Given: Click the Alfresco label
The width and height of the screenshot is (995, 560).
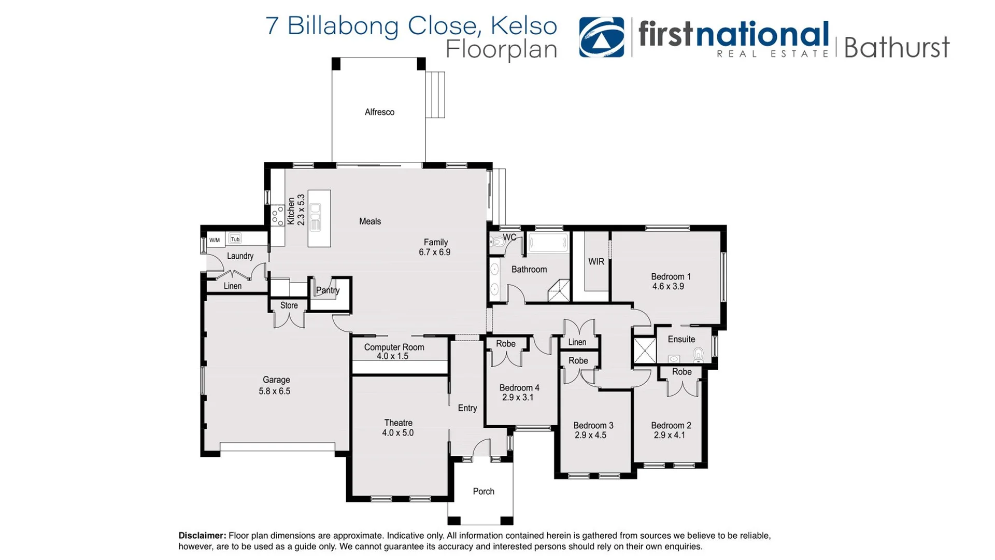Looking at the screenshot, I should pyautogui.click(x=379, y=112).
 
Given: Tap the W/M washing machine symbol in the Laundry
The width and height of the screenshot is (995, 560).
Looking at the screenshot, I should pyautogui.click(x=215, y=240).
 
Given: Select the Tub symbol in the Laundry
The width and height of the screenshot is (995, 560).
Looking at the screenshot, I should pyautogui.click(x=235, y=239).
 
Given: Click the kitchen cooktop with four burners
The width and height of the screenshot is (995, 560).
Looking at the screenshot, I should pyautogui.click(x=278, y=215).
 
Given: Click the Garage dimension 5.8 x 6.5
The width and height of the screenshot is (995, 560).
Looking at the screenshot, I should pyautogui.click(x=274, y=391).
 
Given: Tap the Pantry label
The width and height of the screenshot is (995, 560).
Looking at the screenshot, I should pyautogui.click(x=328, y=290).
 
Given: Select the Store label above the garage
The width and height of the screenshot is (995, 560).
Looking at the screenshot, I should pyautogui.click(x=289, y=305).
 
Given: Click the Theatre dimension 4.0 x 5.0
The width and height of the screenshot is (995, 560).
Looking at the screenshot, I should pyautogui.click(x=397, y=433).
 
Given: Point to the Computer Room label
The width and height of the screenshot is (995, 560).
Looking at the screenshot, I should pyautogui.click(x=394, y=347).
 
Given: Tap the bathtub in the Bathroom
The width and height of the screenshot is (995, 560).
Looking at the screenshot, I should pyautogui.click(x=548, y=243).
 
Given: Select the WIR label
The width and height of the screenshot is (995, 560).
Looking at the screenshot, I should pyautogui.click(x=596, y=262).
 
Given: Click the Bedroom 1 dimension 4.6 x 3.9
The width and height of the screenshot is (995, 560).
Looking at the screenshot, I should pyautogui.click(x=668, y=286).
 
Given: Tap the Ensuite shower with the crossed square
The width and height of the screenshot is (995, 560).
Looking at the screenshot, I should pyautogui.click(x=645, y=351).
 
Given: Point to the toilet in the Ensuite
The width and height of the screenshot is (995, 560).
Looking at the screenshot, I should pyautogui.click(x=698, y=355).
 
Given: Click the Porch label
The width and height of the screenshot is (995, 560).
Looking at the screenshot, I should pyautogui.click(x=483, y=492).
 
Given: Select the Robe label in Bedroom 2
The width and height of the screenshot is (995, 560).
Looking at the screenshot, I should pyautogui.click(x=681, y=372).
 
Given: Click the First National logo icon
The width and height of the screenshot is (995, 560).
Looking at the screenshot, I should pyautogui.click(x=601, y=37).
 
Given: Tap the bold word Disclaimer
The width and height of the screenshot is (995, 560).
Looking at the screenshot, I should pyautogui.click(x=202, y=536).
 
